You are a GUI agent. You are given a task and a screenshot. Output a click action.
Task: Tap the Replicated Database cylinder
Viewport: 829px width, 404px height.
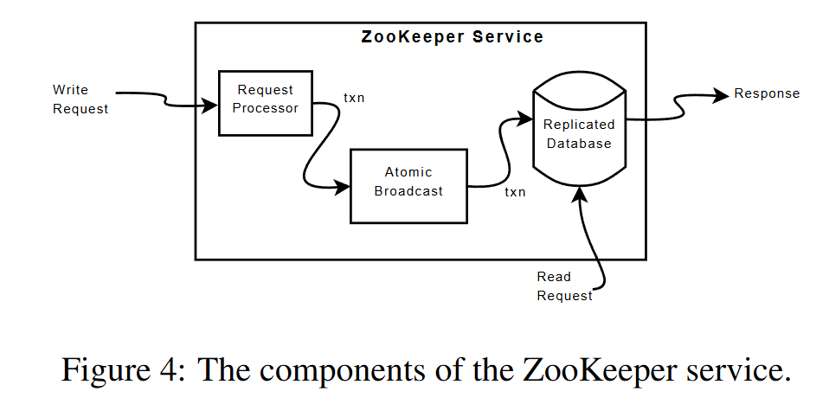click(577, 134)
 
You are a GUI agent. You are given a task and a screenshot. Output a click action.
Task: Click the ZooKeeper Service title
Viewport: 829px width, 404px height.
click(452, 37)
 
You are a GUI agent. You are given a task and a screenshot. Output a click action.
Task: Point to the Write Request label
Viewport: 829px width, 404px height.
click(80, 99)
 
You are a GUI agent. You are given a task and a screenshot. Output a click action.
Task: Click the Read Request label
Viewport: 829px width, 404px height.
click(564, 286)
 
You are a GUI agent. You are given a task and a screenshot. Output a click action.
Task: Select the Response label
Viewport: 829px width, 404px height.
click(767, 93)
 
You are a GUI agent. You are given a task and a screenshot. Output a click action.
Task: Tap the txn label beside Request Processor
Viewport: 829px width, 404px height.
click(354, 98)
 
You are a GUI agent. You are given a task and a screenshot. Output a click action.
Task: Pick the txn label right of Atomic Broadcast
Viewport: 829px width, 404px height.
click(515, 192)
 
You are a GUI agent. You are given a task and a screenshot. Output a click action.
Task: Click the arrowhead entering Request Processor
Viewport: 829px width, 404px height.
click(212, 106)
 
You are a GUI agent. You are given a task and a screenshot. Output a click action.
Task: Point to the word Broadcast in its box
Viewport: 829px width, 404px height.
click(408, 191)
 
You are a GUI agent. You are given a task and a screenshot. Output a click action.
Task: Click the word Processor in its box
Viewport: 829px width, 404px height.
click(266, 108)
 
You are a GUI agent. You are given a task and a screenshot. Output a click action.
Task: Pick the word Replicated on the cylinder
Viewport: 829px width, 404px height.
click(577, 125)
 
